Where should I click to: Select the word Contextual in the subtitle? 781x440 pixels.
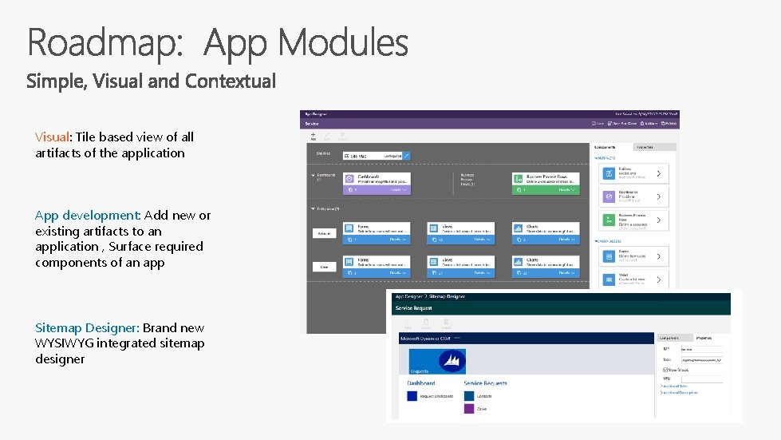coord(231,81)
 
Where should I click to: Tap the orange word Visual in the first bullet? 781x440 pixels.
coord(53,137)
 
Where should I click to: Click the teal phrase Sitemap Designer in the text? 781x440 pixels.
coord(87,328)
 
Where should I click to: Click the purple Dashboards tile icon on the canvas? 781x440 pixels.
coord(349,179)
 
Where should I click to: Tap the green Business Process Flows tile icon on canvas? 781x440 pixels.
coord(518,179)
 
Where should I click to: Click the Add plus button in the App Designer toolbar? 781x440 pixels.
coord(313,135)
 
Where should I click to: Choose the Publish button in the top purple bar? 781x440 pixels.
coord(669,124)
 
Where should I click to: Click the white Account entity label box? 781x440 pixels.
coord(322,233)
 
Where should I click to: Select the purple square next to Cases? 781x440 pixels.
coord(468,408)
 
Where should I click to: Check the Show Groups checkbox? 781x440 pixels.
coord(663,370)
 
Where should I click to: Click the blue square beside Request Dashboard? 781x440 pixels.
coord(412,396)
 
